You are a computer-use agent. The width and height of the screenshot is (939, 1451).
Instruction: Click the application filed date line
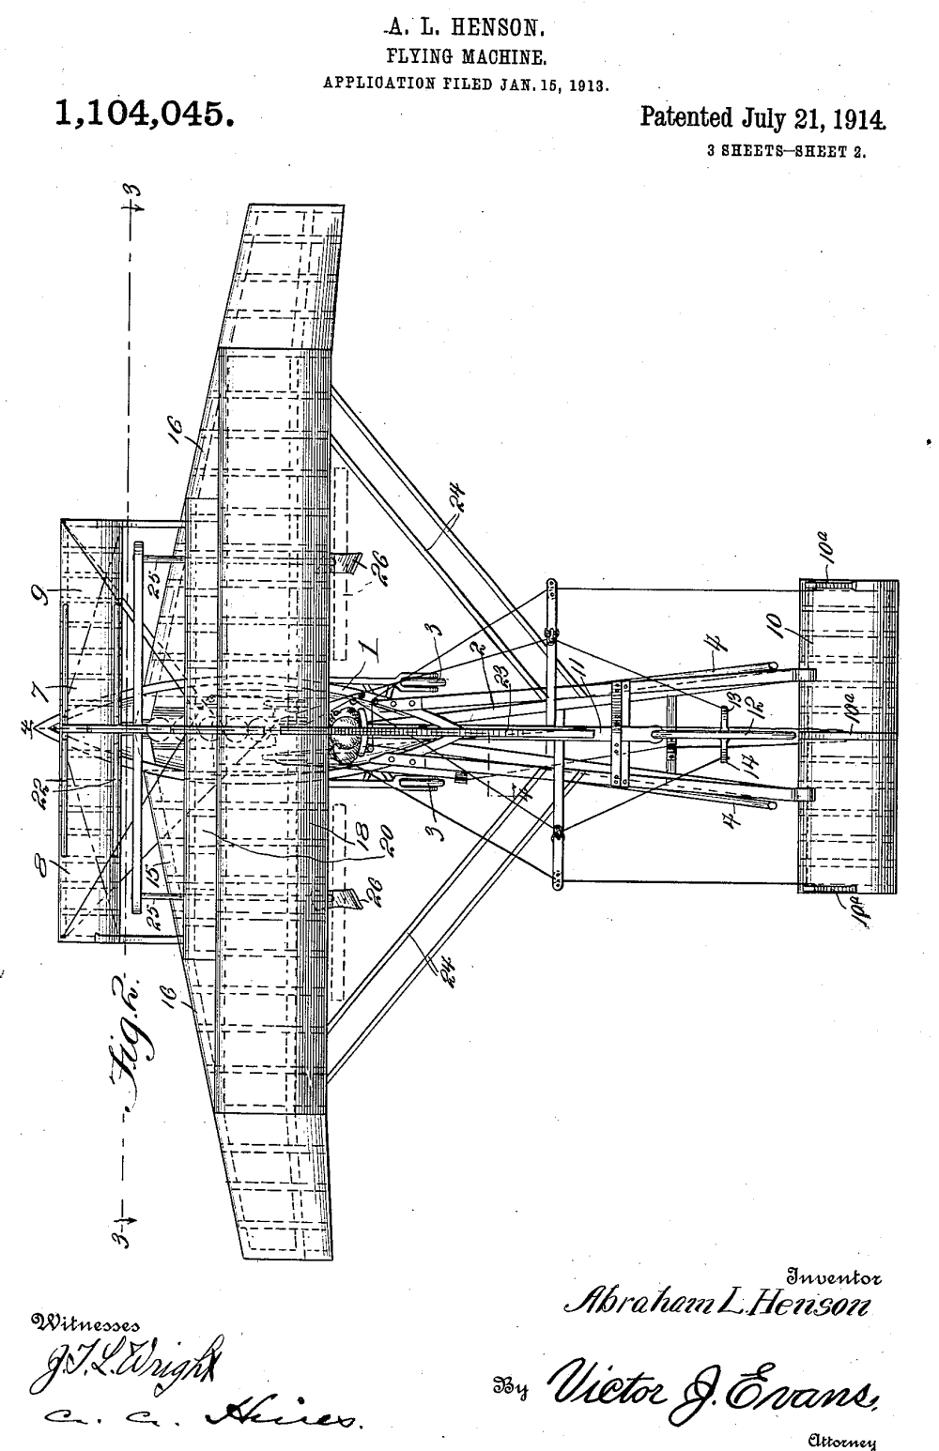(468, 83)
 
